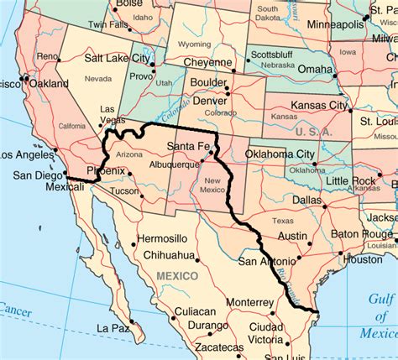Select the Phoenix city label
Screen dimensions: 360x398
(x=106, y=170)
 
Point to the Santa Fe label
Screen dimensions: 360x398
(x=189, y=148)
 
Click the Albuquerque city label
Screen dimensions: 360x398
(x=174, y=164)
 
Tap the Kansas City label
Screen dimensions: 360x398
(x=319, y=106)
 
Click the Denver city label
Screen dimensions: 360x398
(x=209, y=101)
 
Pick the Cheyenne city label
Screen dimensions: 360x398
(x=208, y=63)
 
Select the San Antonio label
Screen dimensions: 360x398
(x=266, y=261)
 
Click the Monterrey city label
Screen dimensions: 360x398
(x=249, y=302)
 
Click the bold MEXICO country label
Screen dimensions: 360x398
(x=176, y=276)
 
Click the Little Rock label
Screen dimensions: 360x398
(x=352, y=181)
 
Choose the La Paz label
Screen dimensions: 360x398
(x=113, y=328)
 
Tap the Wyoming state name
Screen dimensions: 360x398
(x=195, y=44)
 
